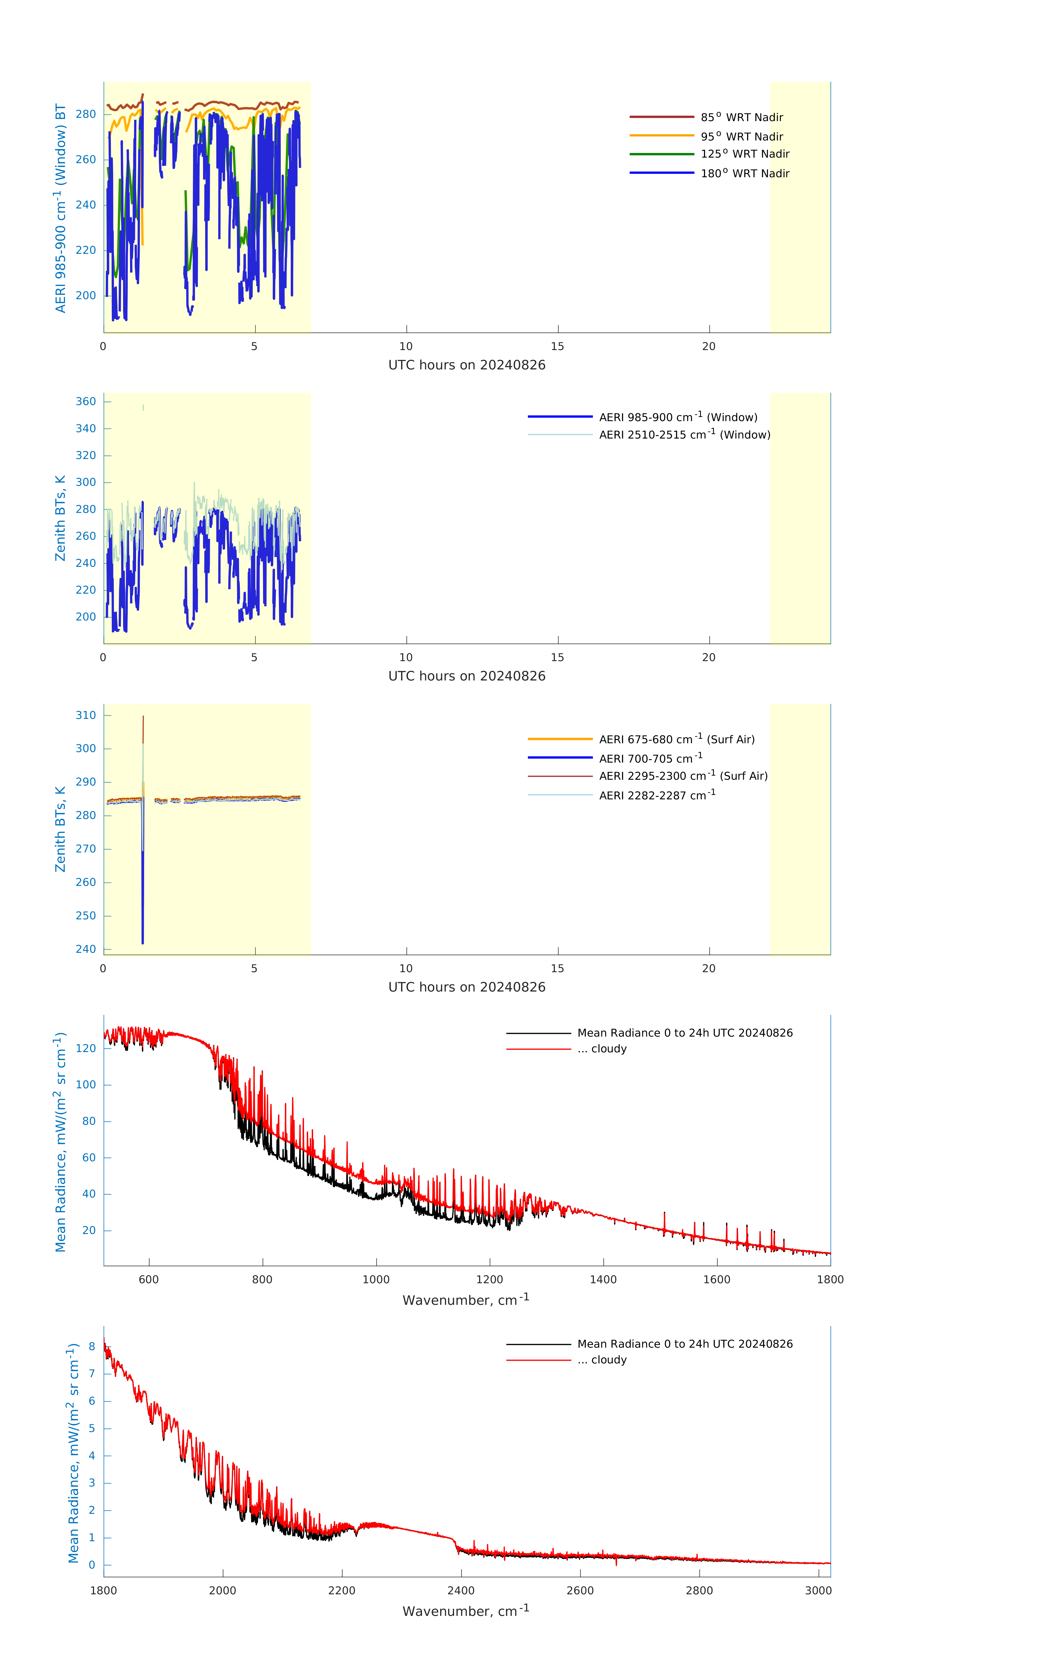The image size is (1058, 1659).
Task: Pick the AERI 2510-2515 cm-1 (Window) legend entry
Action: coord(684,435)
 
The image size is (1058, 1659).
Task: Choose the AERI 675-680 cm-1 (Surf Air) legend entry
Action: coord(676,739)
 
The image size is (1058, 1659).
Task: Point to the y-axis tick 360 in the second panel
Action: coord(86,402)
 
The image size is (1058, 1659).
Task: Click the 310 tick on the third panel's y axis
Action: coord(86,715)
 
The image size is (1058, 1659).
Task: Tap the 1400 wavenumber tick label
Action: coord(603,1279)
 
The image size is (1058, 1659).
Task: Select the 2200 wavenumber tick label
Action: coord(342,1590)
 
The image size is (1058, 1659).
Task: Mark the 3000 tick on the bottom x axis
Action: coord(818,1590)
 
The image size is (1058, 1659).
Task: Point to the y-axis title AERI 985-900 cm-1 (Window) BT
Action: coord(61,208)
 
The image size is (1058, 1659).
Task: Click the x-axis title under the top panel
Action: coord(467,365)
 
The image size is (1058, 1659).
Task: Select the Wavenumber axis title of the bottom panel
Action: coord(466,1611)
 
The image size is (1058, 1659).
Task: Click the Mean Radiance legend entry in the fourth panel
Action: coord(684,1033)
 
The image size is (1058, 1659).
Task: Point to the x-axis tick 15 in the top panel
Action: coord(558,346)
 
